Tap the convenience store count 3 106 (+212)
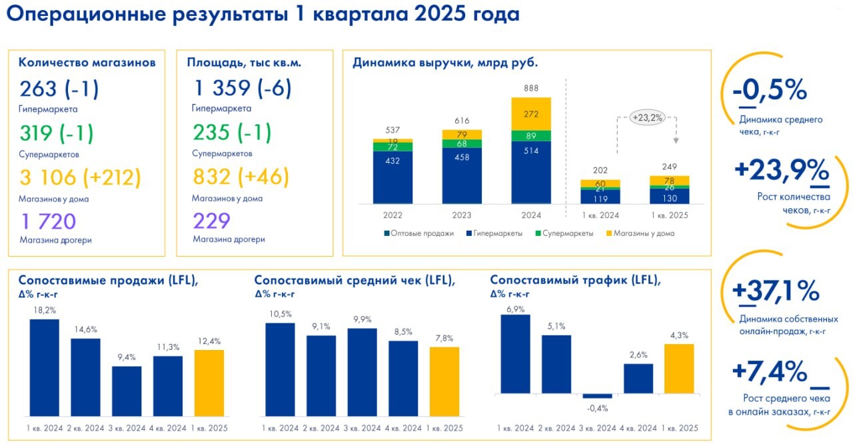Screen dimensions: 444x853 click(80, 177)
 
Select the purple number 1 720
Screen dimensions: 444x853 click(47, 221)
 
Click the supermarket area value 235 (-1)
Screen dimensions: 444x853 click(232, 133)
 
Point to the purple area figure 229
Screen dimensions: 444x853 click(211, 221)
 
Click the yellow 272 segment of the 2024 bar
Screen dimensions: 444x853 click(531, 114)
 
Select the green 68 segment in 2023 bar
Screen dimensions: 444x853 click(462, 143)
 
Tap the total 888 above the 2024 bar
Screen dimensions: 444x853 click(531, 88)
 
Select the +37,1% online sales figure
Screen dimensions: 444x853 click(775, 291)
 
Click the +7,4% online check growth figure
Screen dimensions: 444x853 click(769, 371)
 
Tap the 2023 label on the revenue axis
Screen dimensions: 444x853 click(462, 215)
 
